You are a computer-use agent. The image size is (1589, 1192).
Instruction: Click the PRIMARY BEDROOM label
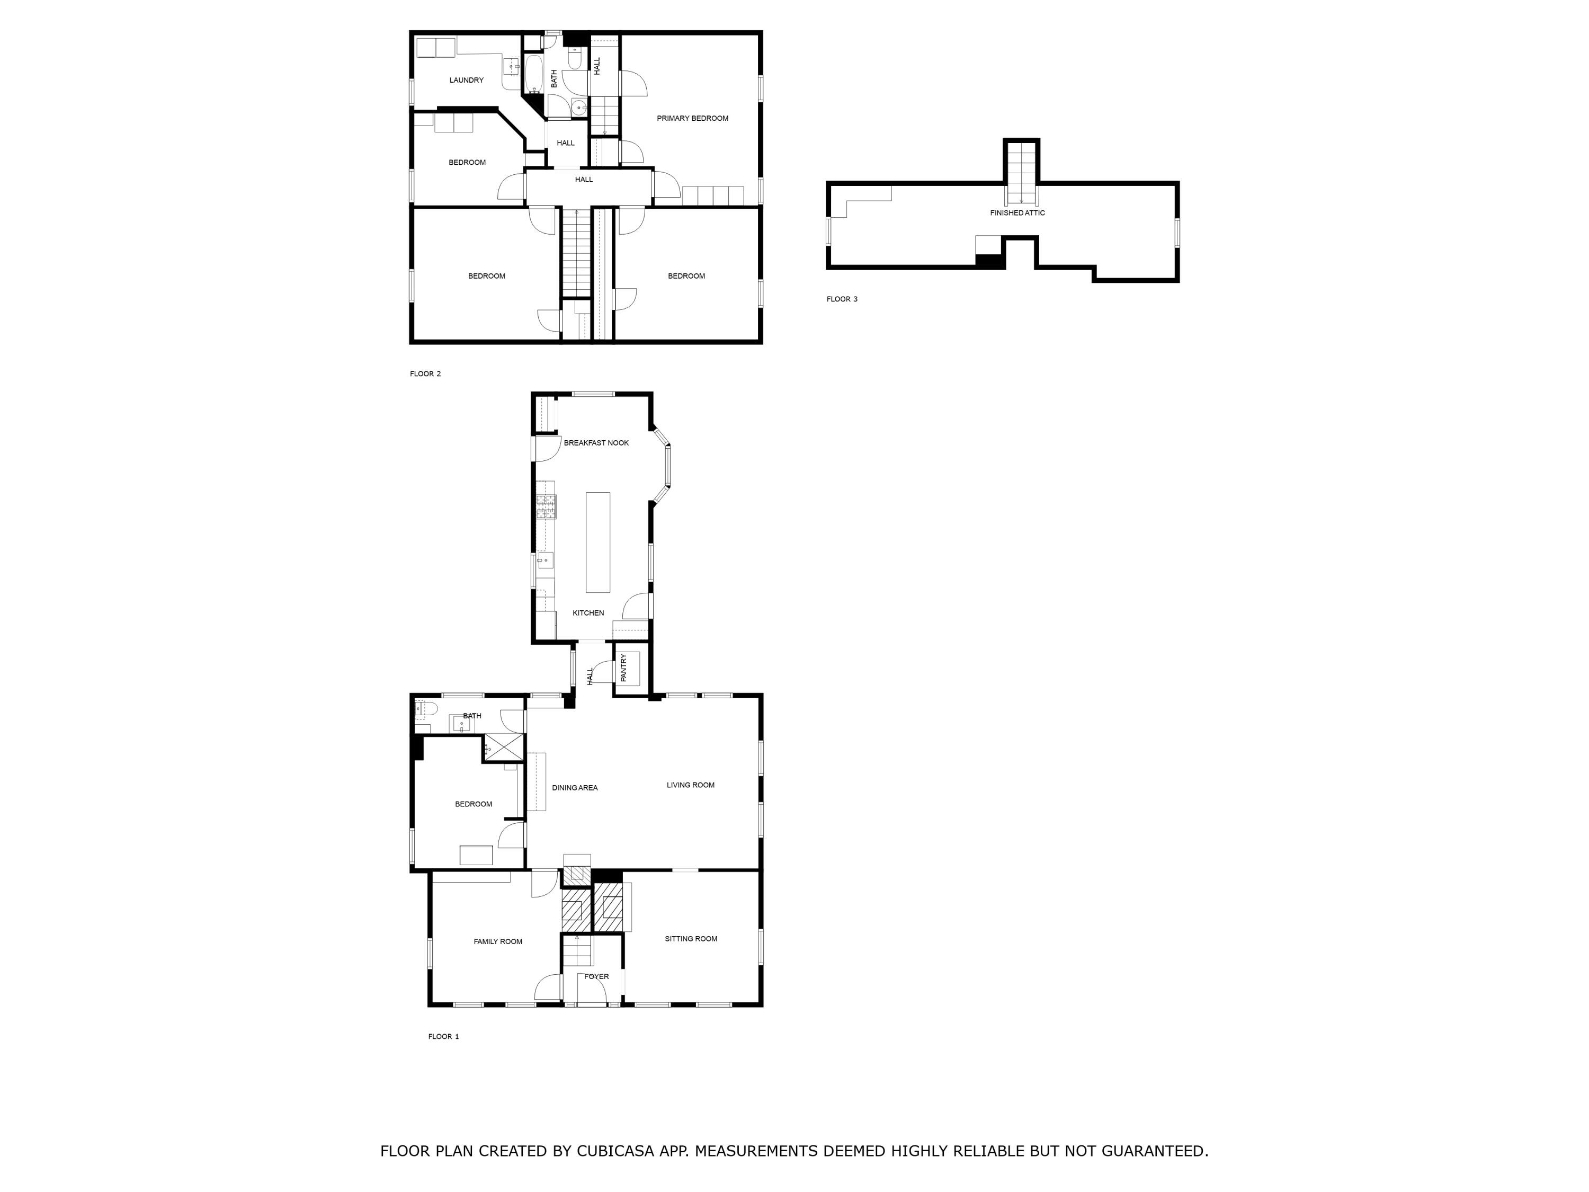(x=692, y=119)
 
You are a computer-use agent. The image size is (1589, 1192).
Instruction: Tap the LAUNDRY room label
(x=466, y=81)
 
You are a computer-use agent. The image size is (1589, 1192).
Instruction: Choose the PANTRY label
(x=623, y=668)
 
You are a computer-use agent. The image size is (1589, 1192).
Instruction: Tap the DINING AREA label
(x=574, y=788)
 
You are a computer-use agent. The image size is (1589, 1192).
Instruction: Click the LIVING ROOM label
(x=690, y=785)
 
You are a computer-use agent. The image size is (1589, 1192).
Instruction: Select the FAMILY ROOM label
(x=497, y=942)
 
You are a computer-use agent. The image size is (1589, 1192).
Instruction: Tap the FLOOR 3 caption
(x=842, y=300)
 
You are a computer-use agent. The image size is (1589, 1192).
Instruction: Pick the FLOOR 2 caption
(x=425, y=375)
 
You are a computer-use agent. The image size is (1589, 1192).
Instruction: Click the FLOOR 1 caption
(x=443, y=1037)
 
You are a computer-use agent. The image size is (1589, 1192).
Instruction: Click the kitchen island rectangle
(x=597, y=542)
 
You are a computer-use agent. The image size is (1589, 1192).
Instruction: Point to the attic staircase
(x=1021, y=173)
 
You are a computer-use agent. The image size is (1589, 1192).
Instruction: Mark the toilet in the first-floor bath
(x=425, y=710)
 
